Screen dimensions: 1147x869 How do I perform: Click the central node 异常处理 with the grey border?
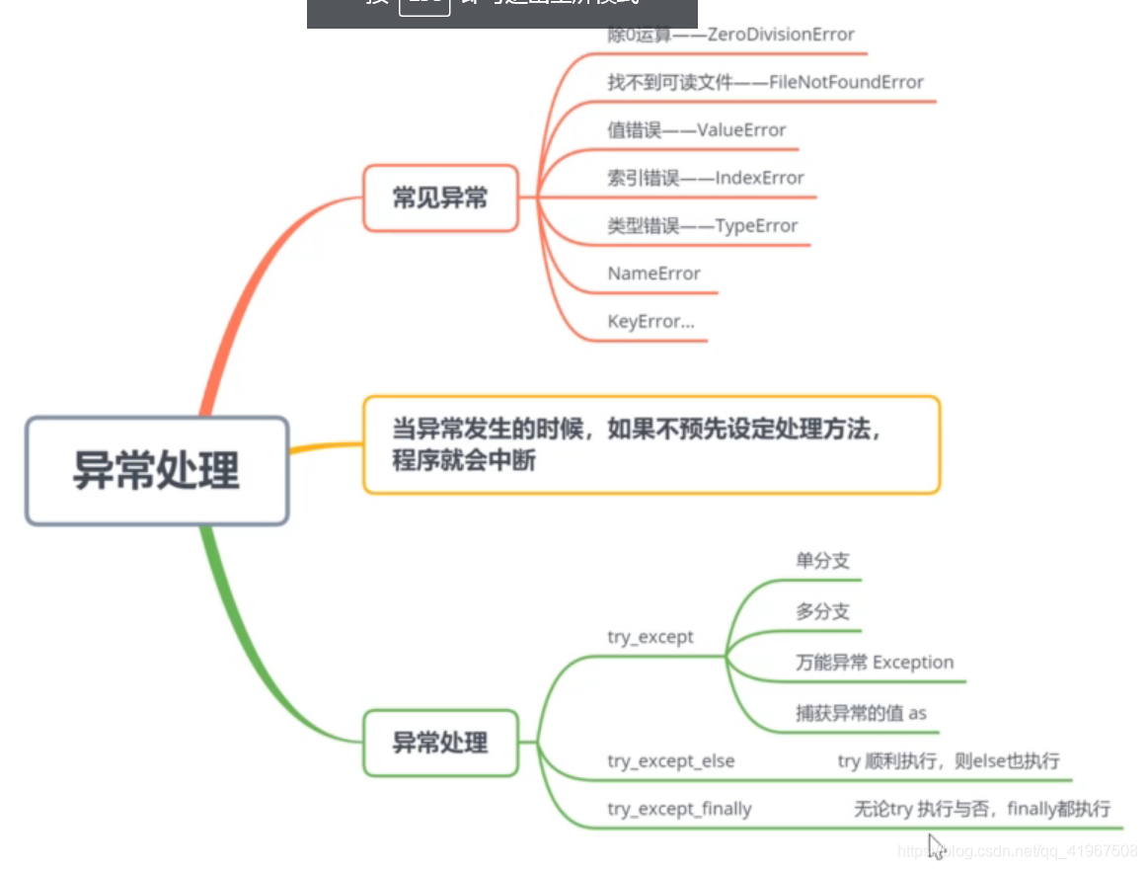click(x=157, y=470)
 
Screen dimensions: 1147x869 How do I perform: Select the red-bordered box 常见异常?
click(x=440, y=198)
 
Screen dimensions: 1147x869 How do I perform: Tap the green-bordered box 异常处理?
click(x=440, y=743)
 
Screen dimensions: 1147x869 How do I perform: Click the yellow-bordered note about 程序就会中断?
click(x=651, y=444)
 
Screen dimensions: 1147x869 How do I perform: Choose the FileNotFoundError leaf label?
click(x=765, y=82)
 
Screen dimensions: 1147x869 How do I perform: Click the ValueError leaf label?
click(x=697, y=130)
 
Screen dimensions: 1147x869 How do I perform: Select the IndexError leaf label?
click(x=706, y=178)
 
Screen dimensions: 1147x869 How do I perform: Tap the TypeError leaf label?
click(x=703, y=226)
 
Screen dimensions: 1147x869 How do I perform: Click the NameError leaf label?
click(x=654, y=274)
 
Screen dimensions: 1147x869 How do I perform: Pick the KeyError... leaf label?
click(x=651, y=322)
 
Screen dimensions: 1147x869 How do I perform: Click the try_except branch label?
click(x=650, y=637)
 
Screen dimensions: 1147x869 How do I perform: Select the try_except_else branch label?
click(x=671, y=760)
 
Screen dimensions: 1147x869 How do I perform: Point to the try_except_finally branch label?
click(x=679, y=809)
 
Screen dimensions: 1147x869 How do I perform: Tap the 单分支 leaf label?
click(x=822, y=561)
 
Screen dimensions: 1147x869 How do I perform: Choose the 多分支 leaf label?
click(x=822, y=611)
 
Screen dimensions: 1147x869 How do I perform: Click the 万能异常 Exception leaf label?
click(x=875, y=662)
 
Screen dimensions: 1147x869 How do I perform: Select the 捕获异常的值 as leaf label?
click(x=861, y=712)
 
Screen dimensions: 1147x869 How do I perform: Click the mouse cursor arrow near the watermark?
click(x=936, y=846)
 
